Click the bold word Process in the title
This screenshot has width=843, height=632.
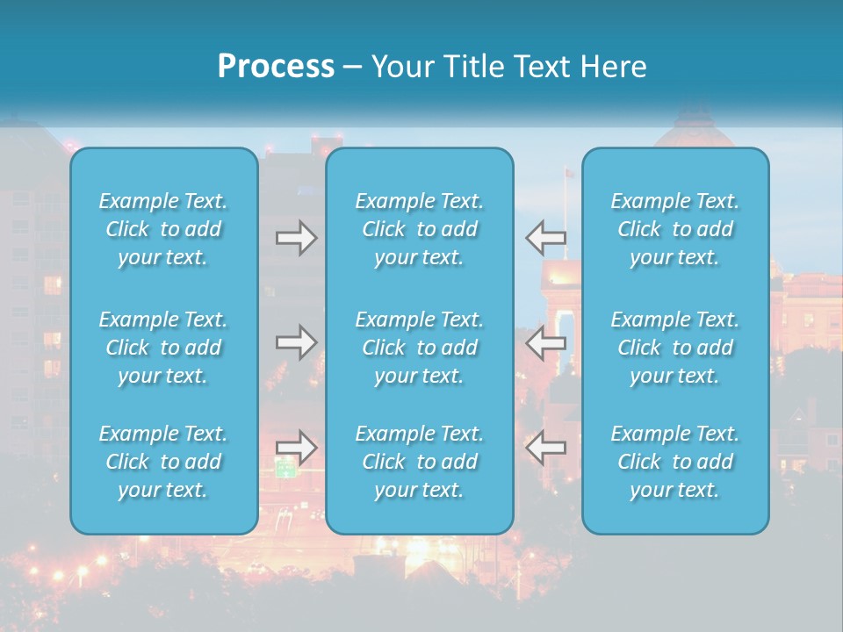tap(276, 67)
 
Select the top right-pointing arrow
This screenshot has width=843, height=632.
tap(296, 238)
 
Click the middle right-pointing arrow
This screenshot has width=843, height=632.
tap(296, 342)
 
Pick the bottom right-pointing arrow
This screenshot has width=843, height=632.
tap(296, 448)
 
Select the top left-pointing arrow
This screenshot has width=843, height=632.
tap(545, 238)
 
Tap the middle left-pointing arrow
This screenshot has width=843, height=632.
tap(545, 342)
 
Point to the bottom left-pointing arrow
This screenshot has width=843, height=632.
tap(545, 448)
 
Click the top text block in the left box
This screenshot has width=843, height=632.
tap(163, 229)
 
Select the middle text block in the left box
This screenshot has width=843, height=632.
tap(163, 348)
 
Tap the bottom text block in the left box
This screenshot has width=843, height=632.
tap(163, 462)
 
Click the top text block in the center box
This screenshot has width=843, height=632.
tap(420, 229)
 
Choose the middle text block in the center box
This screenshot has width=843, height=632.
tap(420, 348)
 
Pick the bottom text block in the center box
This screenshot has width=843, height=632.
tap(420, 462)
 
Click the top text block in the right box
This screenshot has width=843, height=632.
tap(675, 229)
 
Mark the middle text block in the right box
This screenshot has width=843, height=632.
tap(675, 348)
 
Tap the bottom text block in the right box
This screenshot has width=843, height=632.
tap(675, 462)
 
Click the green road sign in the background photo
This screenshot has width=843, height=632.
tap(286, 470)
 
